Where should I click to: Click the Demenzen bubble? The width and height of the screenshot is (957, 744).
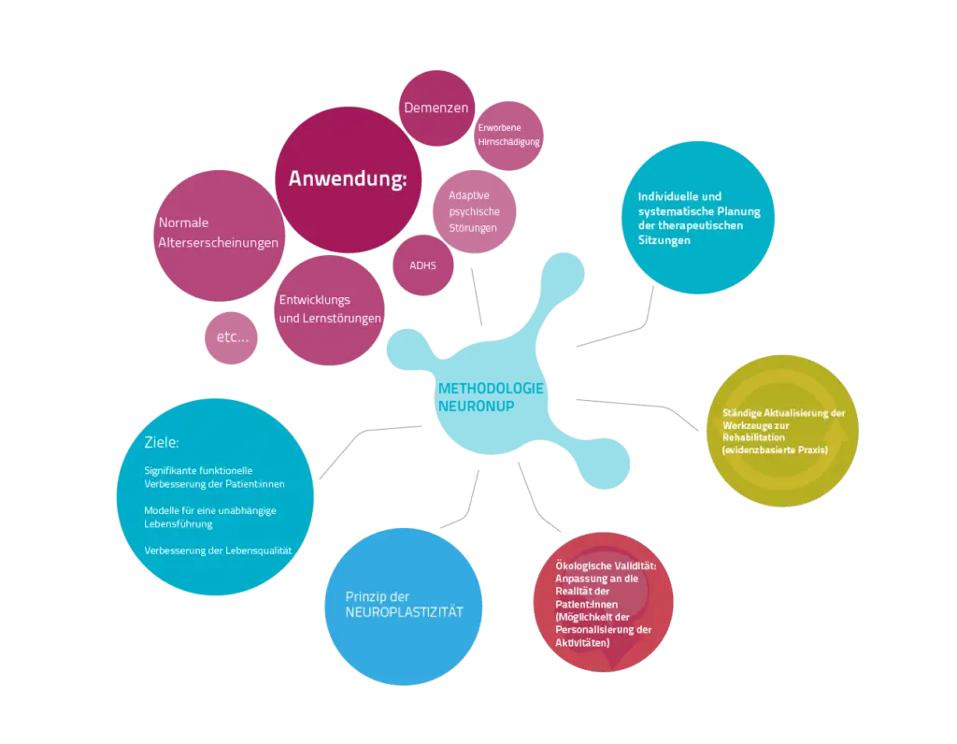pyautogui.click(x=436, y=108)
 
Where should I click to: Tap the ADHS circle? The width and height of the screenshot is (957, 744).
pyautogui.click(x=423, y=265)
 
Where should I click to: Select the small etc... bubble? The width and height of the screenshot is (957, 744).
pyautogui.click(x=232, y=337)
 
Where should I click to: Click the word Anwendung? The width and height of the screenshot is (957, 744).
pyautogui.click(x=348, y=179)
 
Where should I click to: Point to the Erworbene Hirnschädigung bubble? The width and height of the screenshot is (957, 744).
pyautogui.click(x=508, y=136)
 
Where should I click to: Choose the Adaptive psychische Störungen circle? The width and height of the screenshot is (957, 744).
pyautogui.click(x=474, y=212)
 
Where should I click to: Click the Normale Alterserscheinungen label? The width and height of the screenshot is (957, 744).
pyautogui.click(x=218, y=233)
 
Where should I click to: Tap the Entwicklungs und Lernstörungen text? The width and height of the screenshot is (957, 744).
pyautogui.click(x=330, y=308)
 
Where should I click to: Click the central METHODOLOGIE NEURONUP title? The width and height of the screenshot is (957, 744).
pyautogui.click(x=491, y=397)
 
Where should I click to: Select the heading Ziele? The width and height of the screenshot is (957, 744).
pyautogui.click(x=162, y=442)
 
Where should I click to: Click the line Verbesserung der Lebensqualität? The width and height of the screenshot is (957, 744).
pyautogui.click(x=218, y=551)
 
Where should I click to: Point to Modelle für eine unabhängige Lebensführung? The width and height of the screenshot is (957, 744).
pyautogui.click(x=210, y=517)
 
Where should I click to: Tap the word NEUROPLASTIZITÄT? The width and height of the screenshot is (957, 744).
pyautogui.click(x=404, y=612)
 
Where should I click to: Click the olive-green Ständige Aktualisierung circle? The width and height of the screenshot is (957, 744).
pyautogui.click(x=782, y=431)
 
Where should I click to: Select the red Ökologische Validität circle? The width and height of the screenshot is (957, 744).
pyautogui.click(x=603, y=603)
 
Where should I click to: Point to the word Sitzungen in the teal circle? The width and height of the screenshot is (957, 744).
pyautogui.click(x=664, y=240)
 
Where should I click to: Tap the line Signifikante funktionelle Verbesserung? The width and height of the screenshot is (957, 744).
pyautogui.click(x=214, y=478)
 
